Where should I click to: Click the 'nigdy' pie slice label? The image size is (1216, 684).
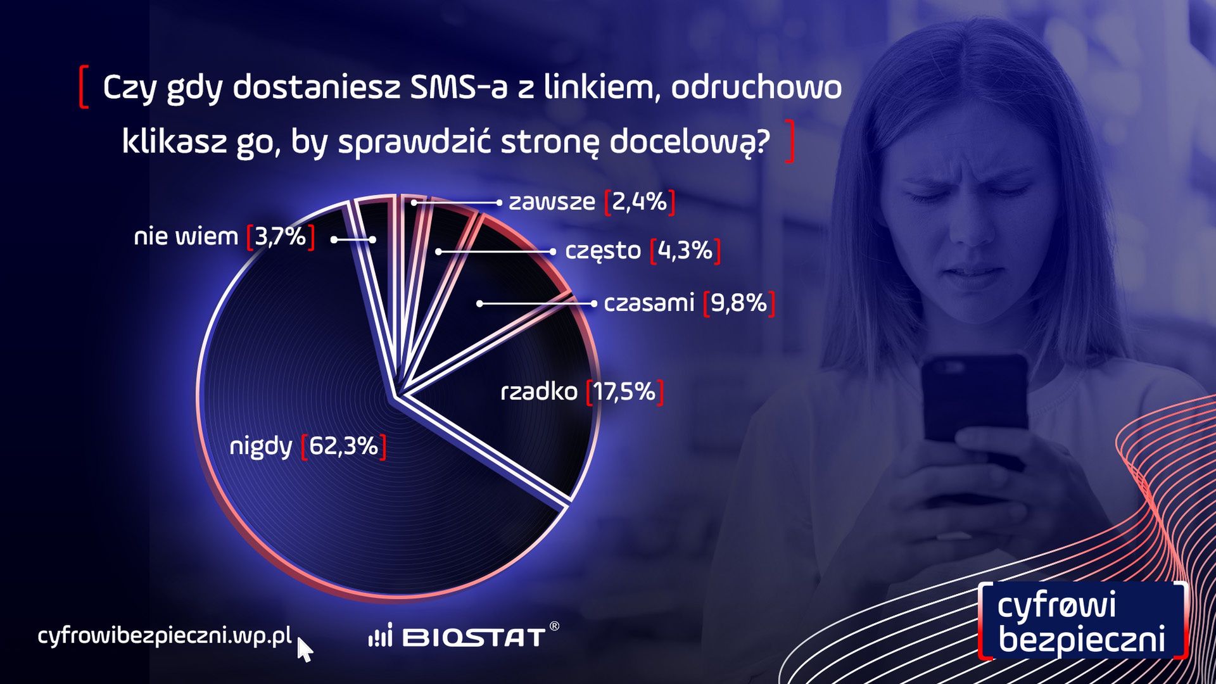(x=260, y=446)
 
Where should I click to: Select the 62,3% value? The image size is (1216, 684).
(x=344, y=446)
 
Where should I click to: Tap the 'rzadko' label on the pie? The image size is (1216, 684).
(x=539, y=392)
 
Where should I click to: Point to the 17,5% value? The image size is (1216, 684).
(x=624, y=392)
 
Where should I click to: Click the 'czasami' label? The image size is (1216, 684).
(x=649, y=303)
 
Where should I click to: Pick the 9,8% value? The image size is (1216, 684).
(x=739, y=303)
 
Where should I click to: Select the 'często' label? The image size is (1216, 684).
(x=602, y=251)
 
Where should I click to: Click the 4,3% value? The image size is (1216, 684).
(x=685, y=251)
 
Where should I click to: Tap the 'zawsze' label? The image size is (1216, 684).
(x=552, y=202)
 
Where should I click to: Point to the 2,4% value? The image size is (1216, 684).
(x=640, y=202)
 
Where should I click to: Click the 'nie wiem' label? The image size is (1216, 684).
(x=186, y=237)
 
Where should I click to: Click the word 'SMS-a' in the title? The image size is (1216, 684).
(x=459, y=87)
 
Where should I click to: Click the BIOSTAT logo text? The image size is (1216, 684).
(x=473, y=636)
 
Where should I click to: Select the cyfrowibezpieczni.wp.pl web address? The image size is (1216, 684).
(x=165, y=635)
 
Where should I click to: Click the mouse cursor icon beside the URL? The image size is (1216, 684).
(x=305, y=650)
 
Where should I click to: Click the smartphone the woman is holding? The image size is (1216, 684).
(x=973, y=405)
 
